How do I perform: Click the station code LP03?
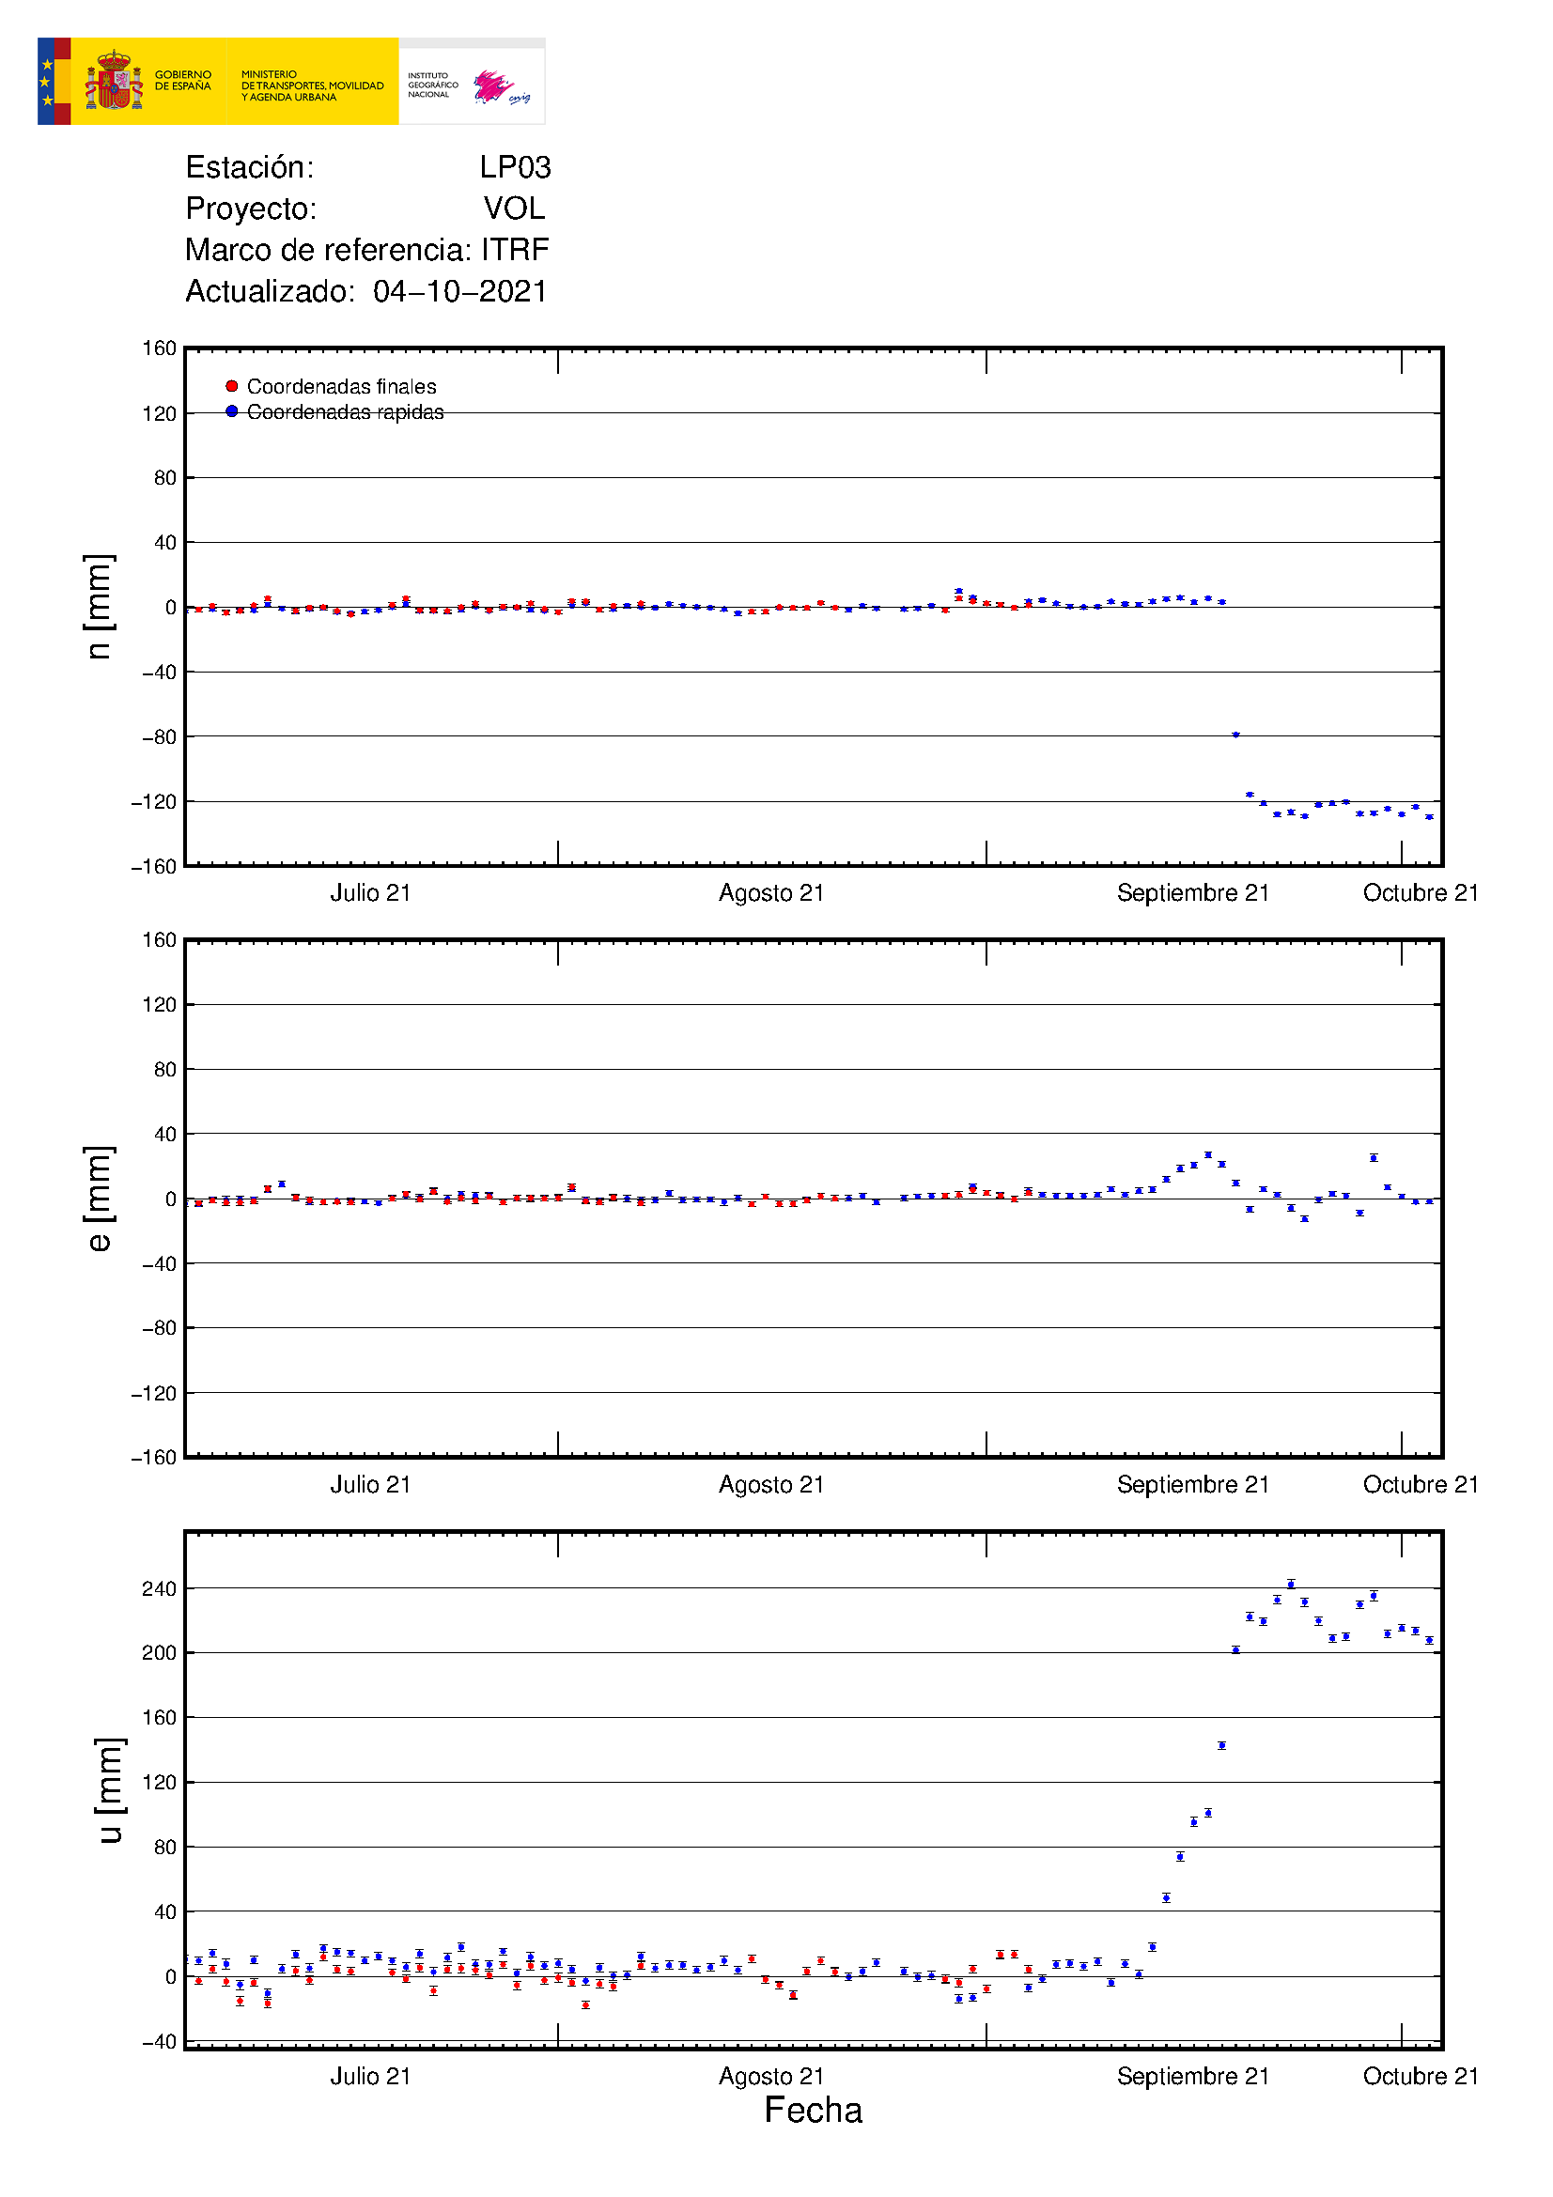tap(515, 167)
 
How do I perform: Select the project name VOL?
tap(514, 209)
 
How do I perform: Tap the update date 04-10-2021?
tap(460, 291)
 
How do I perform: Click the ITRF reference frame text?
tap(515, 250)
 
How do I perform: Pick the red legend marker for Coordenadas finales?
tap(231, 387)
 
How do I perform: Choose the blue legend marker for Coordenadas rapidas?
tap(231, 411)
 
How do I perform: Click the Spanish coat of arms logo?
tap(114, 82)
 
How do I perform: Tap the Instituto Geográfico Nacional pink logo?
tap(495, 86)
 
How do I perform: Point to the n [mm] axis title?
tap(99, 607)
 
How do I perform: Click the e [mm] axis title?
tap(99, 1198)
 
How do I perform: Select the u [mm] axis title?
tap(109, 1790)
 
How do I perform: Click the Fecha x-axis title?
tap(813, 2110)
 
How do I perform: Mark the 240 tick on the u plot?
tap(159, 1589)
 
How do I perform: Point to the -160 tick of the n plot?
tap(154, 867)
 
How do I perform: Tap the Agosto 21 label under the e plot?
tap(771, 1485)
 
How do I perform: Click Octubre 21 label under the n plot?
tap(1420, 893)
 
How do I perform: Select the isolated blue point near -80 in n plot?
tap(1235, 735)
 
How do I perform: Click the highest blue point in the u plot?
tap(1291, 1584)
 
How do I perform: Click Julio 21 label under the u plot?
tap(370, 2077)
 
